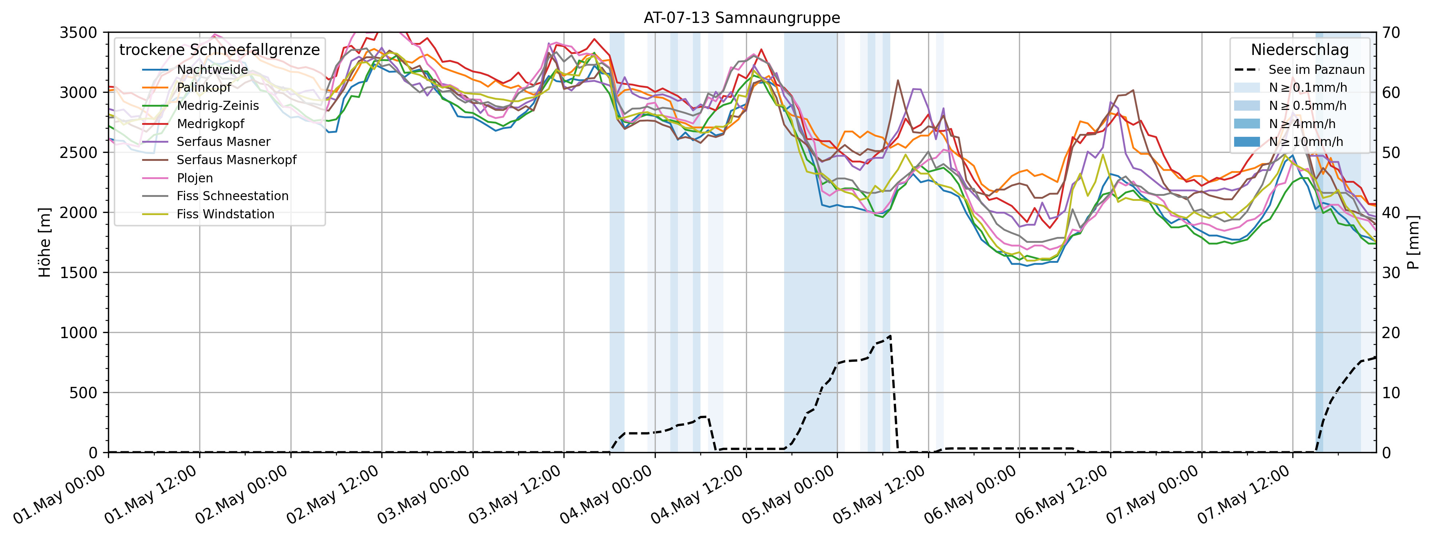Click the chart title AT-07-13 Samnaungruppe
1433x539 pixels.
pyautogui.click(x=742, y=18)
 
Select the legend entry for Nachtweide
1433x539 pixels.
pyautogui.click(x=212, y=70)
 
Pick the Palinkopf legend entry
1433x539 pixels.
pyautogui.click(x=204, y=87)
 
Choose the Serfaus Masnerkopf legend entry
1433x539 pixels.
pyautogui.click(x=236, y=160)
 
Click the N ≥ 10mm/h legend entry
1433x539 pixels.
pyautogui.click(x=1306, y=142)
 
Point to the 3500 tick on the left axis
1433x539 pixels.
pyautogui.click(x=78, y=32)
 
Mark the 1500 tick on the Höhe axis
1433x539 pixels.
pyautogui.click(x=78, y=272)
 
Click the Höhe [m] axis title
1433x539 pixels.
pyautogui.click(x=44, y=242)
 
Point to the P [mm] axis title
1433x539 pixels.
pyautogui.click(x=1413, y=242)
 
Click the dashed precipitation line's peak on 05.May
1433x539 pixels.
pyautogui.click(x=891, y=336)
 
